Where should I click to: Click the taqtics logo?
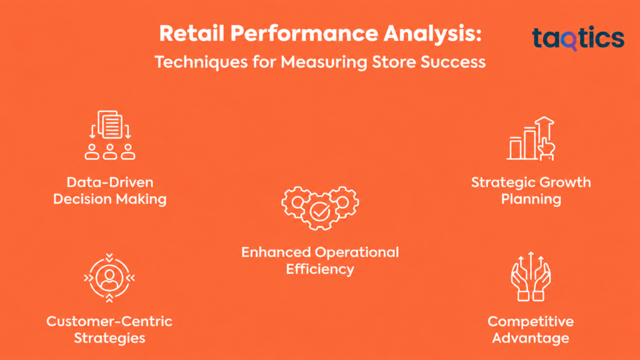coord(578,39)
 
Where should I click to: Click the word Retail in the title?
coord(192,34)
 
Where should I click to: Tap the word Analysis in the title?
coord(432,34)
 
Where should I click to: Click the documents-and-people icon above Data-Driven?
coord(110,135)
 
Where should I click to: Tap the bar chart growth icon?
coord(531,139)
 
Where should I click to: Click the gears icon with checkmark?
coord(320,208)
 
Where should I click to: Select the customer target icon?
coord(109,278)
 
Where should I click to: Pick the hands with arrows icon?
coord(531,277)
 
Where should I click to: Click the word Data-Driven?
coord(110,182)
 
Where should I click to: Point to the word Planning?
coord(531,199)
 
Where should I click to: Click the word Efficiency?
coord(320,269)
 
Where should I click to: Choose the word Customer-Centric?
coord(109,321)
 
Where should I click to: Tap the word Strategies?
coord(109,338)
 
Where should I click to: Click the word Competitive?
coord(531,322)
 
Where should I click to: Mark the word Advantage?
coord(531,338)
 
